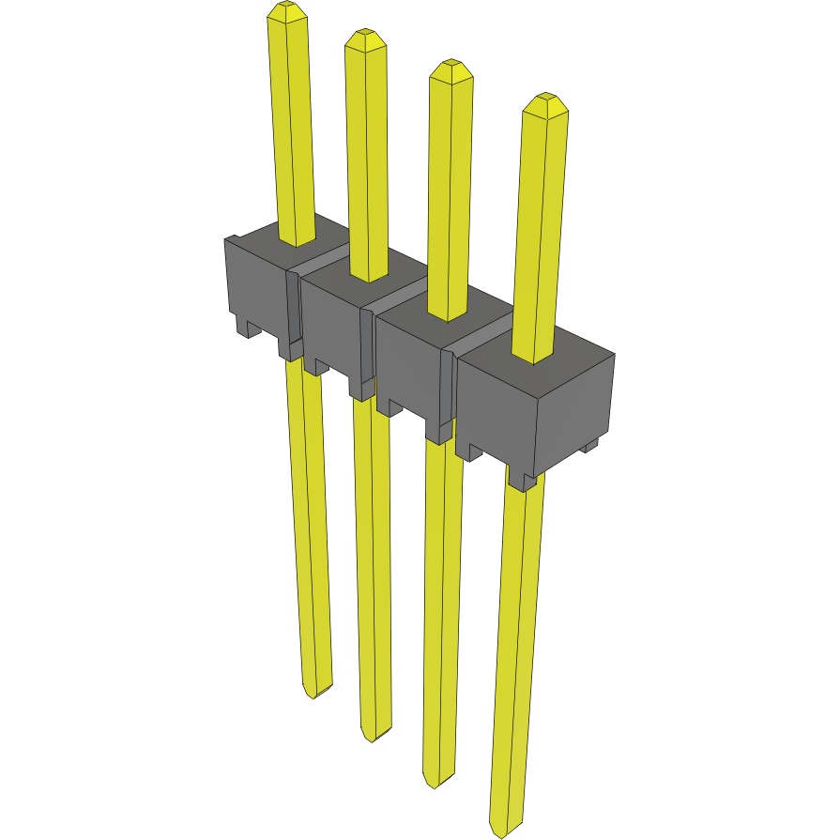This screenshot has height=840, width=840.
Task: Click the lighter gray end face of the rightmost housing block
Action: tap(574, 413)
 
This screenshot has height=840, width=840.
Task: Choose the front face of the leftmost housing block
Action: tap(254, 286)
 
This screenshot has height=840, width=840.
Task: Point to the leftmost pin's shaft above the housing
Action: tap(292, 131)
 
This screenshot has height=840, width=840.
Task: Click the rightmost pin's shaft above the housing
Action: tap(541, 235)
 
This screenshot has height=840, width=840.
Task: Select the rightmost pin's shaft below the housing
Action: tap(516, 657)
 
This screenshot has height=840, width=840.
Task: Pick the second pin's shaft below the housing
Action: tap(372, 563)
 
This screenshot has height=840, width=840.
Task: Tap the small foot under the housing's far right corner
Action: tap(589, 446)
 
